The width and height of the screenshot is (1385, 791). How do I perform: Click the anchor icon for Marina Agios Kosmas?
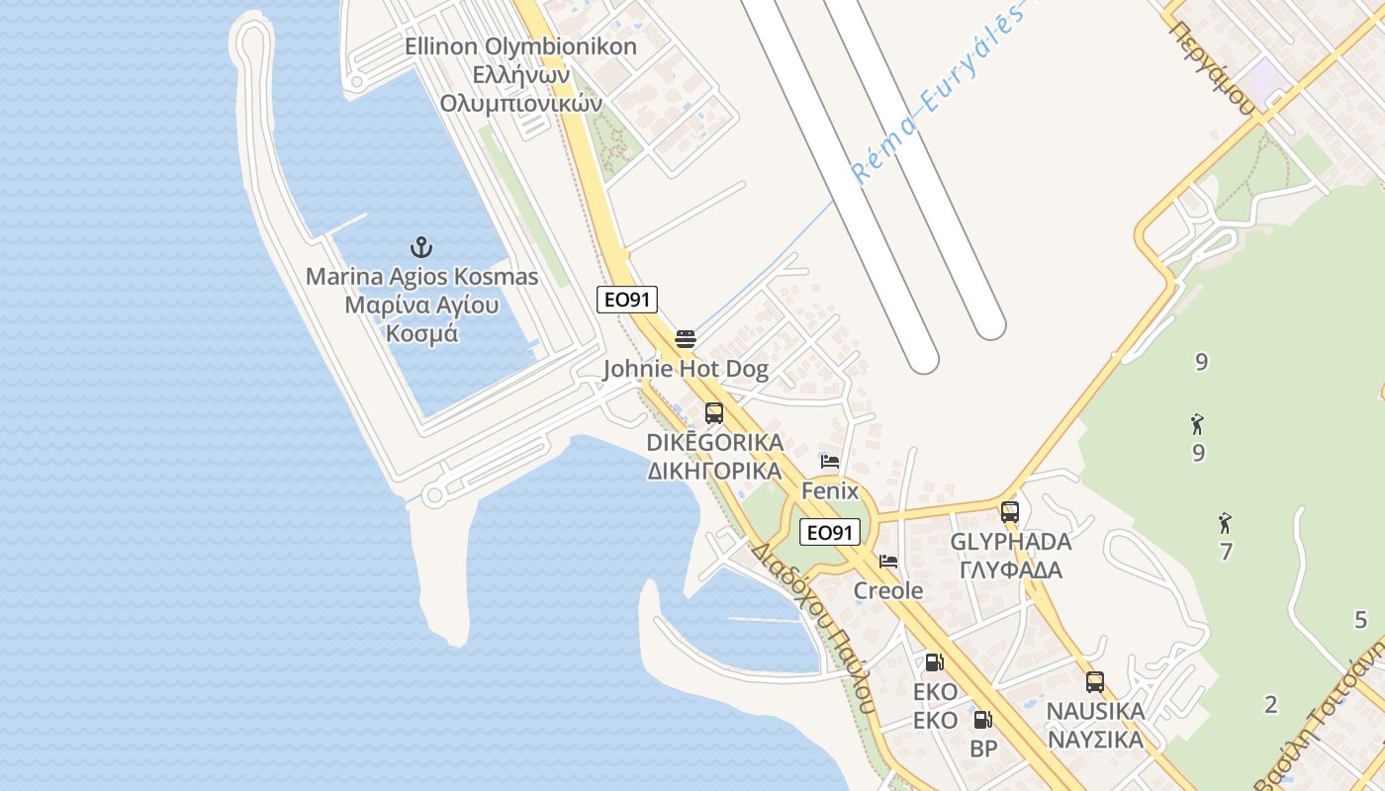coord(422,246)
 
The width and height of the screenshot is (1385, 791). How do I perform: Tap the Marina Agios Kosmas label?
coord(421,305)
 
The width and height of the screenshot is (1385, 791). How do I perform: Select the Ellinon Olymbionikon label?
coord(520,74)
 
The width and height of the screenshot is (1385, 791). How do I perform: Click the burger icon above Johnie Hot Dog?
coord(686,339)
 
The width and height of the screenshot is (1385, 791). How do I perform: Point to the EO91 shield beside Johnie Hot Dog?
coord(627,300)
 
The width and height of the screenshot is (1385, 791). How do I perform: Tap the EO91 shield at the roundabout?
coord(829,532)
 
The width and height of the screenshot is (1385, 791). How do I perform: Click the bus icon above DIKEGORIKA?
coord(714,413)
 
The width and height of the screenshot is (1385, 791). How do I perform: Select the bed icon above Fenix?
coord(830,462)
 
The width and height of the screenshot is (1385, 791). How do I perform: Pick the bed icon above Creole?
coord(888,562)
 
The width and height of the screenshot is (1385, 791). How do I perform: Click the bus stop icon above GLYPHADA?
coord(1010,512)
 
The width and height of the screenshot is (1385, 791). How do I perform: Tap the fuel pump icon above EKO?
coord(934,662)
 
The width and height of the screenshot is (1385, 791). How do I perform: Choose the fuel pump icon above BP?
coord(982,721)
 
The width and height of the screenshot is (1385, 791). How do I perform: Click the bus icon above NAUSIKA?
coord(1095,681)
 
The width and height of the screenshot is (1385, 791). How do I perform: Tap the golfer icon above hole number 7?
coord(1226,521)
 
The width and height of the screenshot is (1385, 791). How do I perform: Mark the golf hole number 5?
coord(1360,620)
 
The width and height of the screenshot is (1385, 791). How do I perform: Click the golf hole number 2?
coord(1271,704)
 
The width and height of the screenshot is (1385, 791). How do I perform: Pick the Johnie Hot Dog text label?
coord(686,370)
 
